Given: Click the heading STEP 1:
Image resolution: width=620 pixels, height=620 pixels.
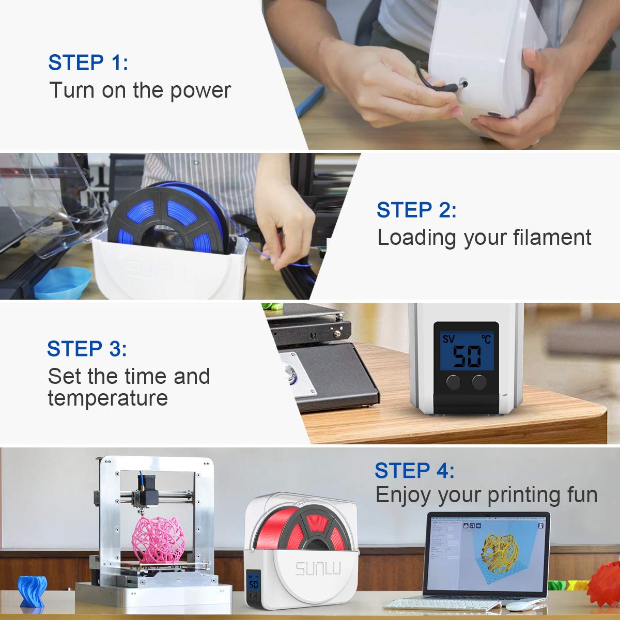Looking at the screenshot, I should tap(88, 63).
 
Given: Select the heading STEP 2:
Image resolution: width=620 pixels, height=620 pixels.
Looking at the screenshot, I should tap(416, 210).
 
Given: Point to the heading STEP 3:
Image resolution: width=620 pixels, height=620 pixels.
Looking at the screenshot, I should tap(87, 349).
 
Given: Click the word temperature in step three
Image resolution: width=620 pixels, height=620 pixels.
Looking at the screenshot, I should tap(107, 398).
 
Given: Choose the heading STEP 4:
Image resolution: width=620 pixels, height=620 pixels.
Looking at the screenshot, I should tap(414, 471).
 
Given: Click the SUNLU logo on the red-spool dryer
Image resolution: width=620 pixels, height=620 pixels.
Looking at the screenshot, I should tap(318, 569).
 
